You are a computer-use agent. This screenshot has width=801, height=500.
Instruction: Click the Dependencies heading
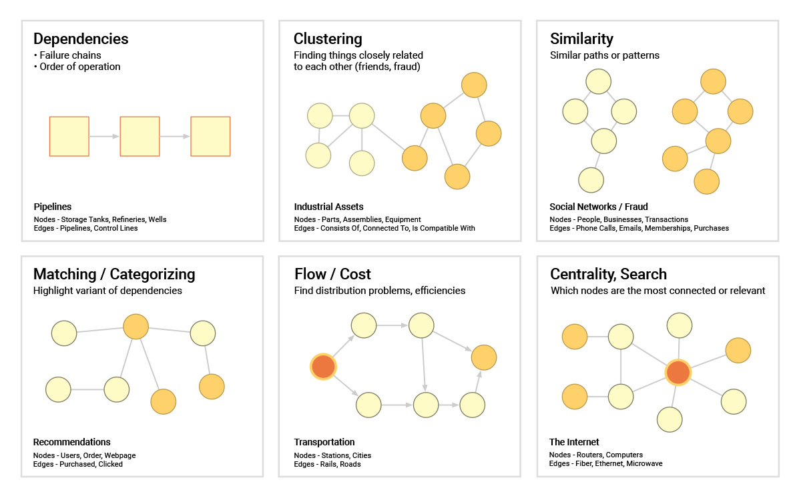[81, 39]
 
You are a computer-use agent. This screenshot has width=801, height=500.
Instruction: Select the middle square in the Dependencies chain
[140, 137]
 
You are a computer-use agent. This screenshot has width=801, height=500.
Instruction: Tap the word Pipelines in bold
[53, 207]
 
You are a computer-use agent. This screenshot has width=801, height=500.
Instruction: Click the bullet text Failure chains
[71, 55]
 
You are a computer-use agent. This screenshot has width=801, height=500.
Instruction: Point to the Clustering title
[328, 39]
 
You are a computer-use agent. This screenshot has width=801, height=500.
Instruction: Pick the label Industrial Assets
[328, 207]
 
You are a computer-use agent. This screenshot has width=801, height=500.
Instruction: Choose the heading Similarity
[581, 39]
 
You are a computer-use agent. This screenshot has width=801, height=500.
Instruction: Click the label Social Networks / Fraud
[599, 207]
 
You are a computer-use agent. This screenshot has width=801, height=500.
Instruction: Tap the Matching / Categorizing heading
[114, 274]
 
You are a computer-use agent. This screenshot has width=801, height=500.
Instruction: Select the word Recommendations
[72, 442]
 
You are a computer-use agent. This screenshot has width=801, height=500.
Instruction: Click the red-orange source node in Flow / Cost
[323, 367]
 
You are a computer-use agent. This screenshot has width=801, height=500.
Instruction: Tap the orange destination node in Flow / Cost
[484, 357]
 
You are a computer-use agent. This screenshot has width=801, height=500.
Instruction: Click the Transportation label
[324, 442]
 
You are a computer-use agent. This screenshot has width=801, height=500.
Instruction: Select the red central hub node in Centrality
[678, 373]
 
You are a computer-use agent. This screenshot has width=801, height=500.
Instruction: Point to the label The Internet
[574, 442]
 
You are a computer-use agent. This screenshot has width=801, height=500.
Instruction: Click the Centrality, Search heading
[608, 274]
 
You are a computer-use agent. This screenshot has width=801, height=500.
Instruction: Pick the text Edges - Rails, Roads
[327, 464]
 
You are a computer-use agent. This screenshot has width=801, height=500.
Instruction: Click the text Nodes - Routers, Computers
[595, 455]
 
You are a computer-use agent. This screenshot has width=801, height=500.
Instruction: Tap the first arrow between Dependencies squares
[104, 137]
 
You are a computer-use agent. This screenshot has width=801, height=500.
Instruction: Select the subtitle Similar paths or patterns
[605, 55]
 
